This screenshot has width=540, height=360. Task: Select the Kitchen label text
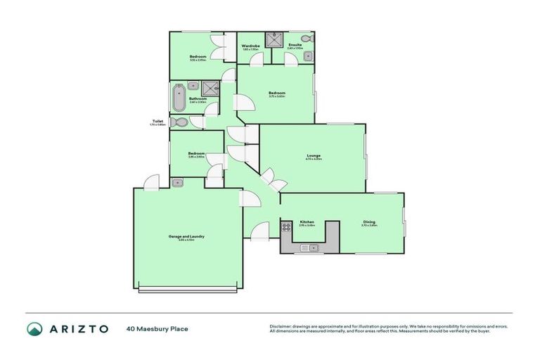(x=307, y=222)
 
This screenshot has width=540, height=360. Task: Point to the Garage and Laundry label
(x=186, y=236)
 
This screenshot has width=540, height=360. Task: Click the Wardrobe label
(x=251, y=46)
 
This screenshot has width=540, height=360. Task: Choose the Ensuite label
(x=295, y=45)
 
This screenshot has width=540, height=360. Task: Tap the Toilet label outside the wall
(x=157, y=121)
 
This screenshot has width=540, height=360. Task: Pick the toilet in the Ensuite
(x=305, y=38)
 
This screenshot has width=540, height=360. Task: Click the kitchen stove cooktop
(x=287, y=227)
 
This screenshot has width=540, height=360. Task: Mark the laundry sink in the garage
(x=177, y=183)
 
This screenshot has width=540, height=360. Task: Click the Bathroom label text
(x=198, y=99)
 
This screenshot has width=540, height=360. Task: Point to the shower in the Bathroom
(x=209, y=87)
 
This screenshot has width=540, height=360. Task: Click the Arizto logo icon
(x=34, y=328)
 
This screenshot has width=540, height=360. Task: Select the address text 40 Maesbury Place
(x=157, y=328)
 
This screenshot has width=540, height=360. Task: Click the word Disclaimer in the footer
(x=281, y=326)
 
